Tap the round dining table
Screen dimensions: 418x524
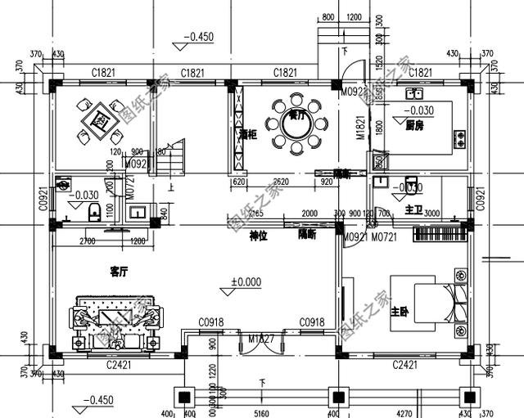click(294, 127)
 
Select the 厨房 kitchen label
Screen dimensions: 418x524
click(414, 125)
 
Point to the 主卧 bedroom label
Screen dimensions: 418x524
click(400, 312)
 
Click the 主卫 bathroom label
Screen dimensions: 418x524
click(412, 211)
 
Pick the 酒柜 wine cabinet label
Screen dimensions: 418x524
click(249, 134)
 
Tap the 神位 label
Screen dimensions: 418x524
click(259, 235)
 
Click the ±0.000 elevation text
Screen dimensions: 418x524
click(245, 282)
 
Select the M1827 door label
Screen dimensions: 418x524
click(261, 338)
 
